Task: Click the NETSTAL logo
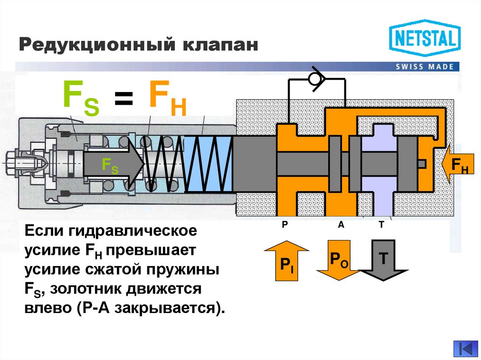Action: tap(425, 38)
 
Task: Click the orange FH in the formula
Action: tap(167, 99)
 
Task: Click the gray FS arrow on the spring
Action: tap(113, 165)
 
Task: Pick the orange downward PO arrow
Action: tap(338, 260)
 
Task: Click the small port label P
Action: tap(284, 225)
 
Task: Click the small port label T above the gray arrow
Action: tap(381, 225)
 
